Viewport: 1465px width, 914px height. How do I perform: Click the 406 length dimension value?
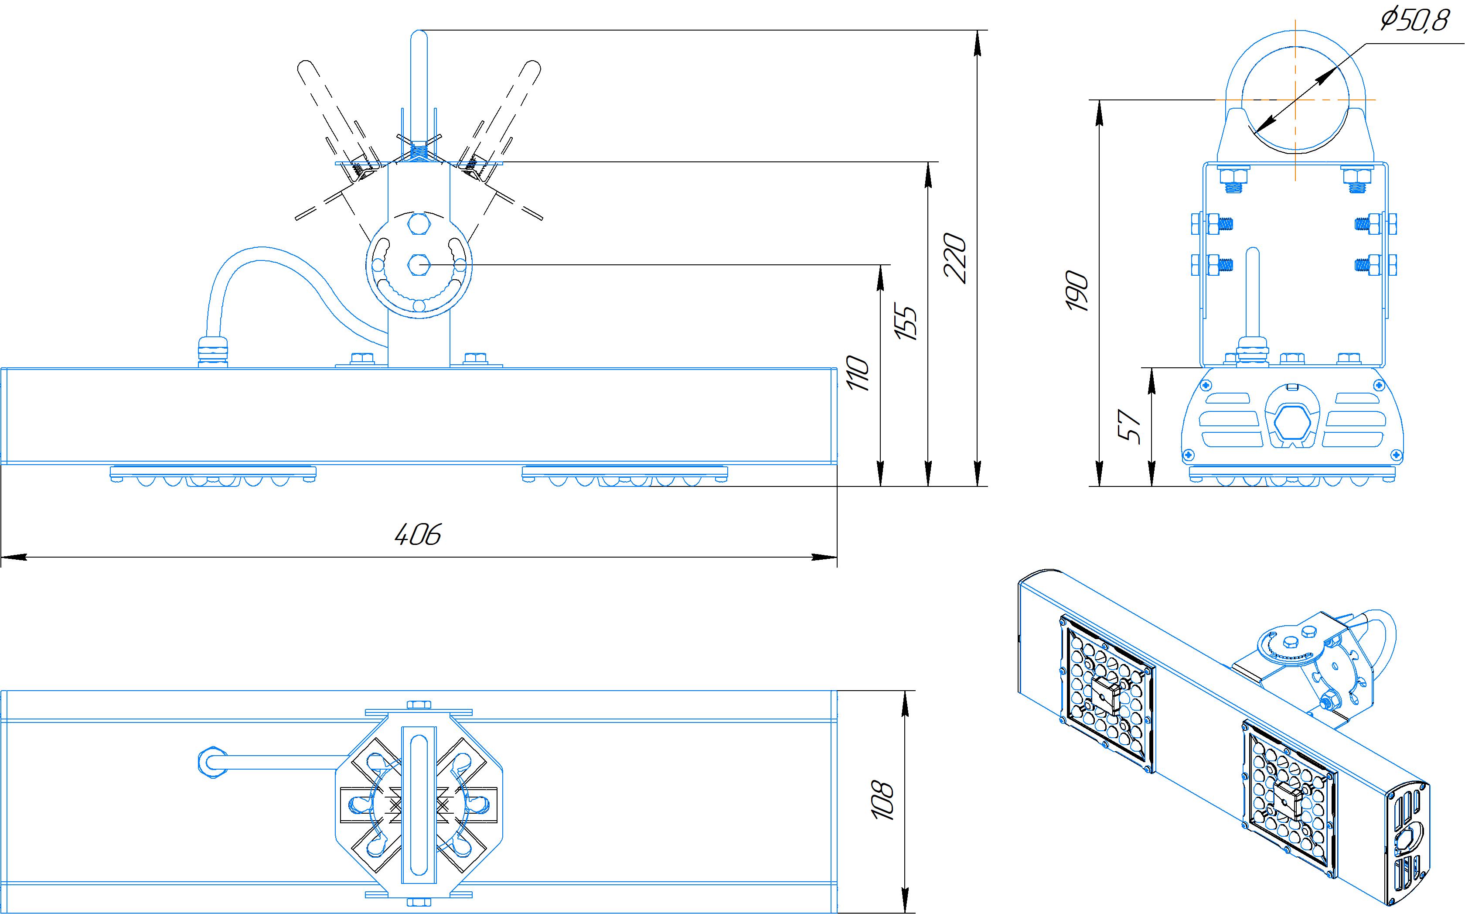pos(417,534)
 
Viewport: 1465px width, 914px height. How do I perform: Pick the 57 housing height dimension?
pos(1129,428)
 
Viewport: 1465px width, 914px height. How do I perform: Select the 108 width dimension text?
pos(882,801)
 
